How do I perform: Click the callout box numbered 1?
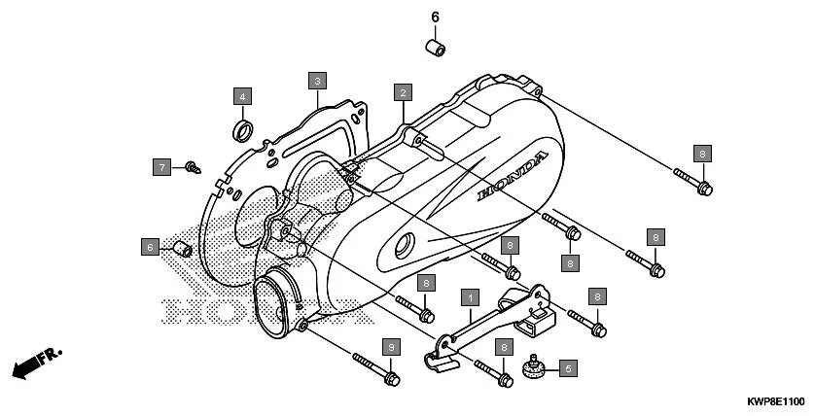coord(469,295)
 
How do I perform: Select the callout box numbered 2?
coord(401,92)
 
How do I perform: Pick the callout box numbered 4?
coord(241,95)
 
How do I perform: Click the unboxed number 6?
coord(435,17)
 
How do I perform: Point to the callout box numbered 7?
coord(161,167)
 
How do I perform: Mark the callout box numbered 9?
coord(391,346)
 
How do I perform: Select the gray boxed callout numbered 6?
coord(149,247)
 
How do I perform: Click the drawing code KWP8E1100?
coord(774,401)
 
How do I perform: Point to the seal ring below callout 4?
coord(242,128)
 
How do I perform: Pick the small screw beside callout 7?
coord(192,167)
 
